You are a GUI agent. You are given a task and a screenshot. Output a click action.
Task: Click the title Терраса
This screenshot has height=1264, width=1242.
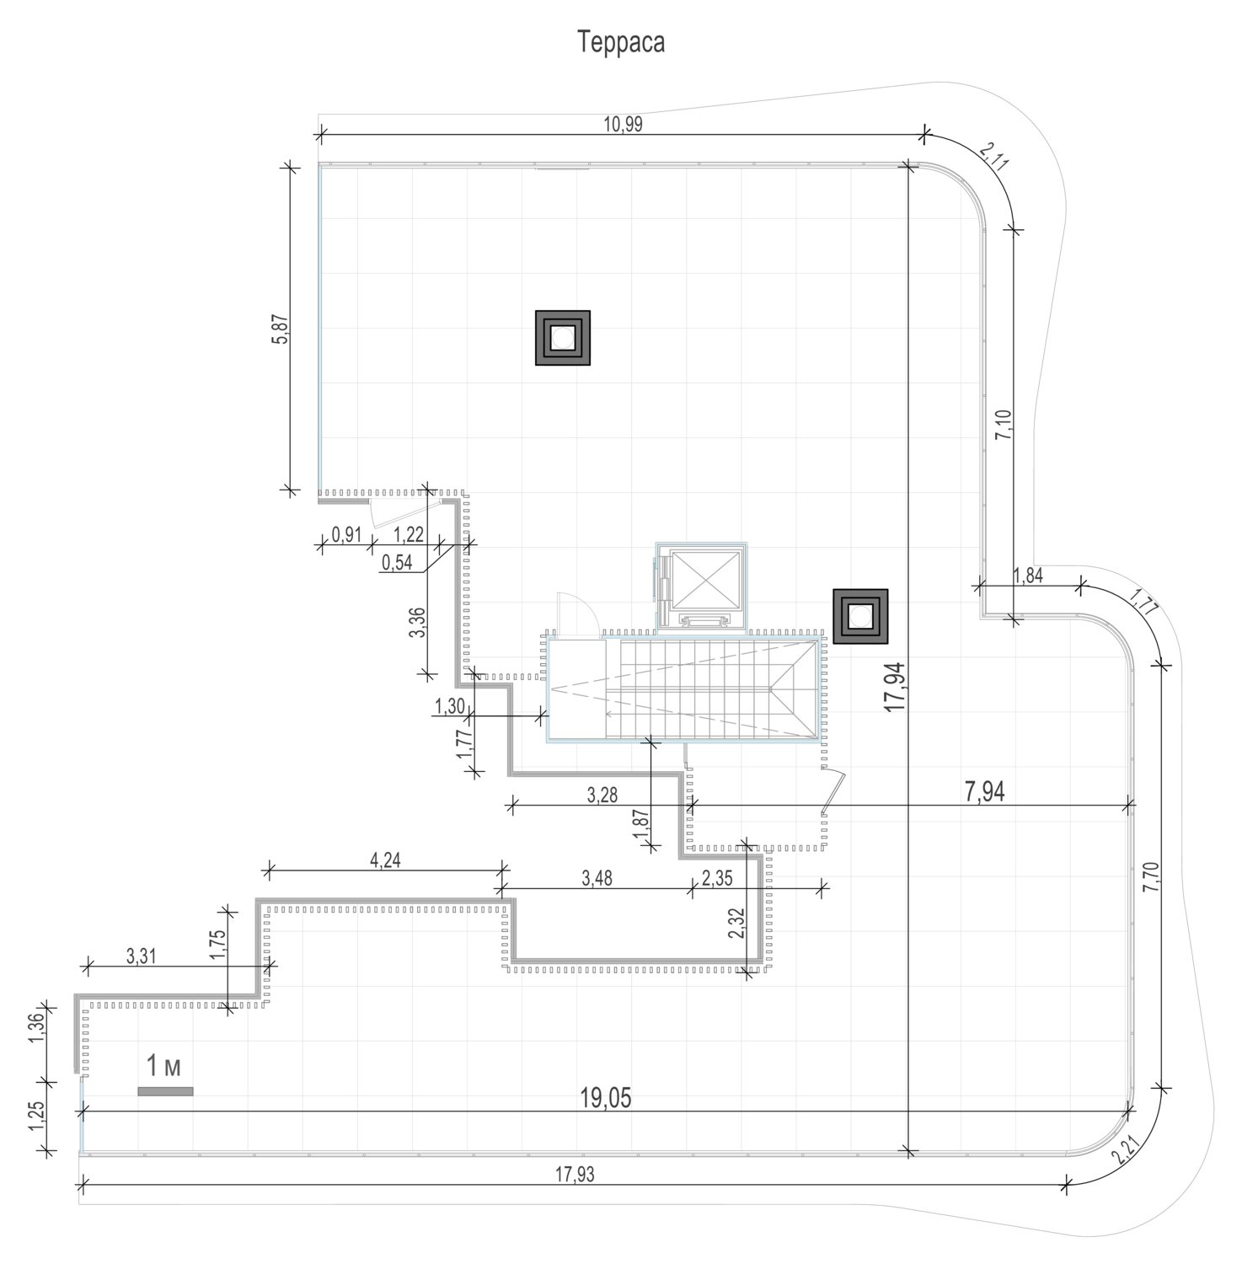(x=622, y=42)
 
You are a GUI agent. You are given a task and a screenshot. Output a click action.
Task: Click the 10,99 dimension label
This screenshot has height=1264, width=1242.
(x=623, y=124)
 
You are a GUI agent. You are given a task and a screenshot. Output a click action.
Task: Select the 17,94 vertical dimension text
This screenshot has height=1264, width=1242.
(x=895, y=687)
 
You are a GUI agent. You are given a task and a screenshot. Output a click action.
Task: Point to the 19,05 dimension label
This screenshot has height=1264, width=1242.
(x=606, y=1098)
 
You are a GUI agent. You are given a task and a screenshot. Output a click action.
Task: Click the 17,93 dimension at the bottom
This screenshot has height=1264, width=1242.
(x=574, y=1175)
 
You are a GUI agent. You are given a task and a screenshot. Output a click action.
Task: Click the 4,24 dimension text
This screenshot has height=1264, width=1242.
(x=385, y=860)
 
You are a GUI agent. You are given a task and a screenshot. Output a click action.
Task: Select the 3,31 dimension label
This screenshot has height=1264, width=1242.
(x=141, y=956)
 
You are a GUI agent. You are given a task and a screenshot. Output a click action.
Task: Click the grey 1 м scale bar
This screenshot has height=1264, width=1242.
(x=165, y=1091)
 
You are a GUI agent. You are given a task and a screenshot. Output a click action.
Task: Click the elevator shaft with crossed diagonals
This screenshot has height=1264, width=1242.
(x=702, y=583)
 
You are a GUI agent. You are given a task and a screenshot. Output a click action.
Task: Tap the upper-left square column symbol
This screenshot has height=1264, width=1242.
(x=563, y=338)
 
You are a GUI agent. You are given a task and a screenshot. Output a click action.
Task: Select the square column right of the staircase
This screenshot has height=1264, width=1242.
(x=860, y=616)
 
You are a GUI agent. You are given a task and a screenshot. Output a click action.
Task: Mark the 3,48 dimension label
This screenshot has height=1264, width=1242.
(x=597, y=877)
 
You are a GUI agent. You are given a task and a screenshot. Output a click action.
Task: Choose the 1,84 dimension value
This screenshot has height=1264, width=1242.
(x=1028, y=576)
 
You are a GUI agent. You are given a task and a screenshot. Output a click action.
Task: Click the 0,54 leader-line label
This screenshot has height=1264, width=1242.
(x=397, y=562)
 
